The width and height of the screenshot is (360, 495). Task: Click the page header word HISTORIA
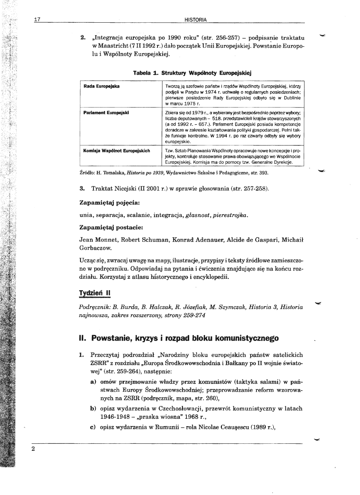(x=197, y=20)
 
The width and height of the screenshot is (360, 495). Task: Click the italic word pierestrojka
(x=230, y=215)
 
